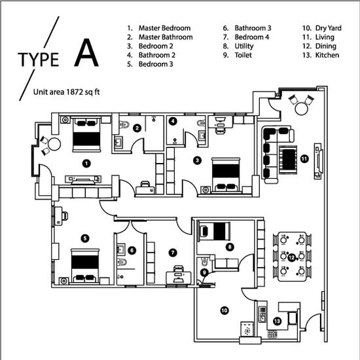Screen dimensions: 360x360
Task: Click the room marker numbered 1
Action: pyautogui.click(x=86, y=164)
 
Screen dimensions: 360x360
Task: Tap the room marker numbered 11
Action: pyautogui.click(x=304, y=158)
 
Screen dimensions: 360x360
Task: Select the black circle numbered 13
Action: pyautogui.click(x=277, y=321)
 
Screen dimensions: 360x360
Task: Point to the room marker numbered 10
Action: pyautogui.click(x=225, y=310)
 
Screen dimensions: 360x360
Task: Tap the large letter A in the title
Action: pyautogui.click(x=86, y=52)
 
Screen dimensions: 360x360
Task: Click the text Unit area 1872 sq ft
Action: pyautogui.click(x=66, y=92)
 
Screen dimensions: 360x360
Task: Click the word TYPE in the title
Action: pyautogui.click(x=39, y=60)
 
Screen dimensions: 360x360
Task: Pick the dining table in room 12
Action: pyautogui.click(x=292, y=257)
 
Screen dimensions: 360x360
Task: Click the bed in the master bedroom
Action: pyautogui.click(x=86, y=135)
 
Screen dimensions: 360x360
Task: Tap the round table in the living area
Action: pyautogui.click(x=301, y=109)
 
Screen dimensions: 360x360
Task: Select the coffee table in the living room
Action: pyautogui.click(x=288, y=160)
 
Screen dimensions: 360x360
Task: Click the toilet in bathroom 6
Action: pyautogui.click(x=122, y=262)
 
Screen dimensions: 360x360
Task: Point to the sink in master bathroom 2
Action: pyautogui.click(x=118, y=142)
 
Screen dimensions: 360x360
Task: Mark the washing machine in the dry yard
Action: pyautogui.click(x=247, y=329)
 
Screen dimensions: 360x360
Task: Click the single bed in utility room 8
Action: pyautogui.click(x=214, y=231)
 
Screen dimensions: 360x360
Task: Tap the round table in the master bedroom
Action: pyautogui.click(x=54, y=144)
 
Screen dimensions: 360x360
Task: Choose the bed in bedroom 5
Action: pyautogui.click(x=85, y=266)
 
